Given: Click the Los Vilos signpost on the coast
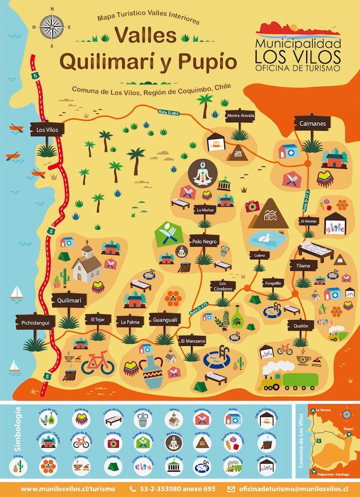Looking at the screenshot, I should (47, 129).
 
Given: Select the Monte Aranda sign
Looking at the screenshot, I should (240, 115).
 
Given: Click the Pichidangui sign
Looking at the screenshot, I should (35, 323).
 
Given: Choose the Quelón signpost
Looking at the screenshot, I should (301, 326).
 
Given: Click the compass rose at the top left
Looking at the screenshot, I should (51, 25).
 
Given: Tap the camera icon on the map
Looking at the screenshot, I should (252, 206).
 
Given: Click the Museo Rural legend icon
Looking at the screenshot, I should (173, 466).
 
